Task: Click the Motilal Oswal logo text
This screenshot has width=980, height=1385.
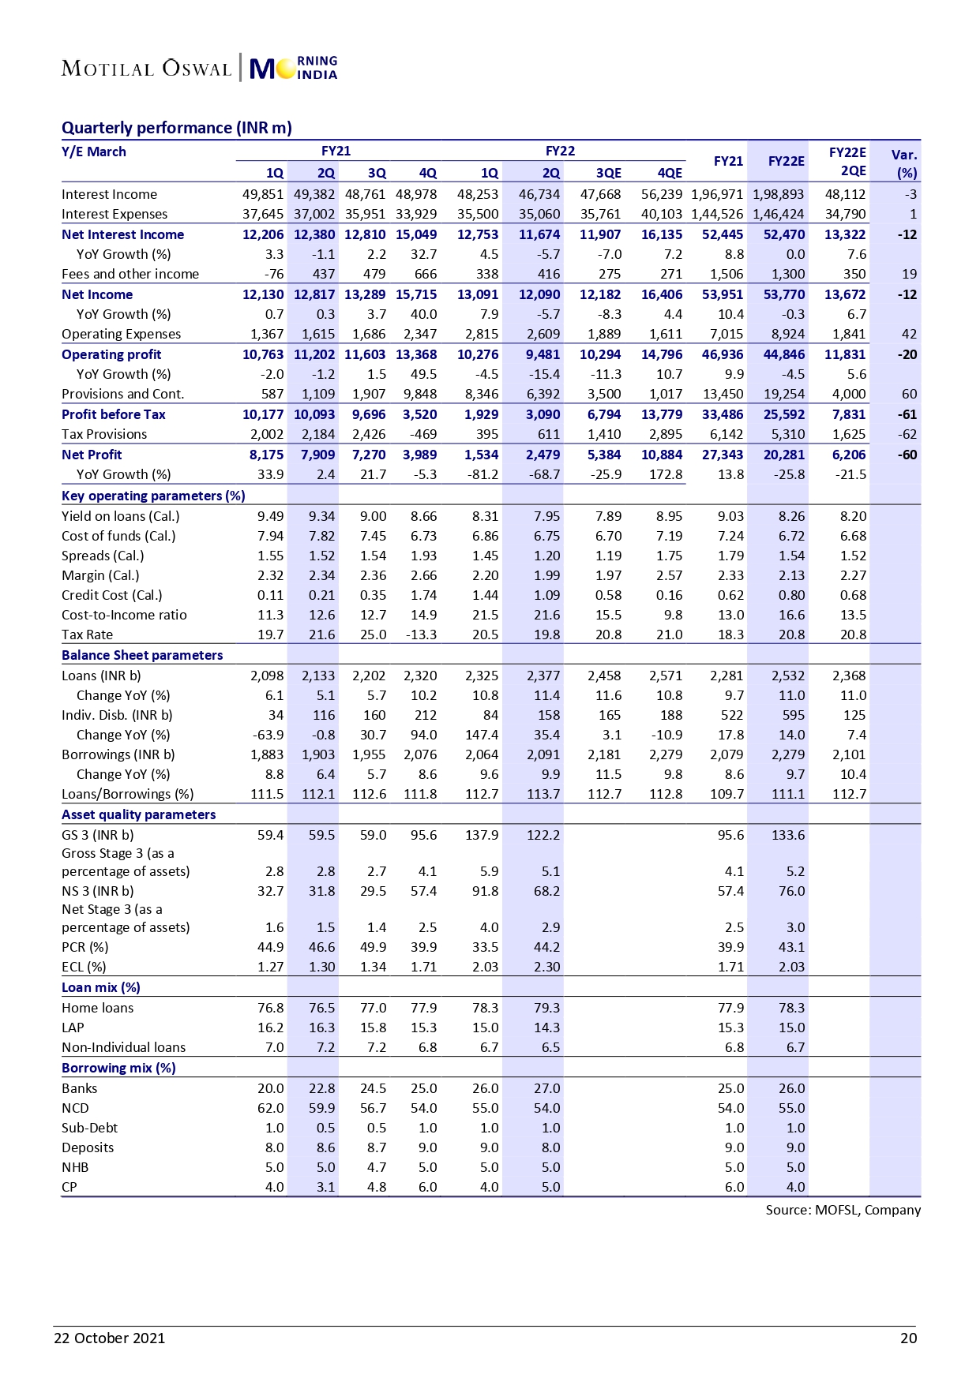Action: [x=146, y=69]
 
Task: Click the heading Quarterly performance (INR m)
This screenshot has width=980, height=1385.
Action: [x=176, y=128]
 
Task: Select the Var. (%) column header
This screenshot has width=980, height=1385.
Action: [x=904, y=163]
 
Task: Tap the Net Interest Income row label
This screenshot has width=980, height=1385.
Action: [x=122, y=234]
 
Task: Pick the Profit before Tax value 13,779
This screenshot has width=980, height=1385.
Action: [x=662, y=414]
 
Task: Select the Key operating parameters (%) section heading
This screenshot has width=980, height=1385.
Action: [x=153, y=496]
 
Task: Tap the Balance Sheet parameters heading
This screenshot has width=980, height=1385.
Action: [x=142, y=655]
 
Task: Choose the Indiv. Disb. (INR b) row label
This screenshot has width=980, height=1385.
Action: [x=117, y=715]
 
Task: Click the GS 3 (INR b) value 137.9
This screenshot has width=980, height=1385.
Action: [x=482, y=835]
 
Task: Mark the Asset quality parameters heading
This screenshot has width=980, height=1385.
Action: [x=138, y=814]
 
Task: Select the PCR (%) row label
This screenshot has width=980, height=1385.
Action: [x=85, y=947]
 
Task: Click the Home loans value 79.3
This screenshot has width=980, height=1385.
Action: [x=546, y=1008]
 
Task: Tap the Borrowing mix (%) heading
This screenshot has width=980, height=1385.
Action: [x=118, y=1068]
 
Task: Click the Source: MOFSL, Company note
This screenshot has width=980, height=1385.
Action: [x=843, y=1210]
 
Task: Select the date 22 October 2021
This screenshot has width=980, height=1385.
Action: [x=109, y=1338]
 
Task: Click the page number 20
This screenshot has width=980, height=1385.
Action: [x=908, y=1338]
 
